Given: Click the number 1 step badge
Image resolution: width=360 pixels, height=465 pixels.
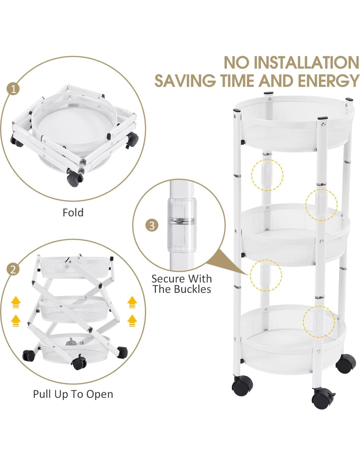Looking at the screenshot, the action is (13, 90).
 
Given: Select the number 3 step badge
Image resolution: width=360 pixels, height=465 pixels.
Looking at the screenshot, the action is (152, 225).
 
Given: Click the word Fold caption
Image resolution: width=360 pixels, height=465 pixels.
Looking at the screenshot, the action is (73, 213).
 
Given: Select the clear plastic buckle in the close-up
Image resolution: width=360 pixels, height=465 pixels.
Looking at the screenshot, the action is (181, 223).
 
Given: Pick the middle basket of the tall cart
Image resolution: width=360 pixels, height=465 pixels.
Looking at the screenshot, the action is (295, 235).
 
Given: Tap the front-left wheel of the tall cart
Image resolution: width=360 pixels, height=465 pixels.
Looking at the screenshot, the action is (242, 386).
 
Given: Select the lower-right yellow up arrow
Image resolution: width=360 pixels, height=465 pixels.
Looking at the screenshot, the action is (132, 320).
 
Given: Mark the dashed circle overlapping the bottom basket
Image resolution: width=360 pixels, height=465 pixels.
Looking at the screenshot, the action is (319, 322).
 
